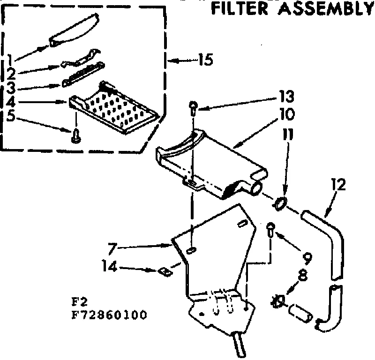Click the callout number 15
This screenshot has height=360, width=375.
click(205, 60)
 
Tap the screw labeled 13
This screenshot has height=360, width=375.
click(193, 107)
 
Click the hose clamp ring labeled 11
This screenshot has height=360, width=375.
click(280, 203)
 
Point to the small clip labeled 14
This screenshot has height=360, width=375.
click(164, 270)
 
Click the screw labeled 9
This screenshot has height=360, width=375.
click(270, 230)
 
